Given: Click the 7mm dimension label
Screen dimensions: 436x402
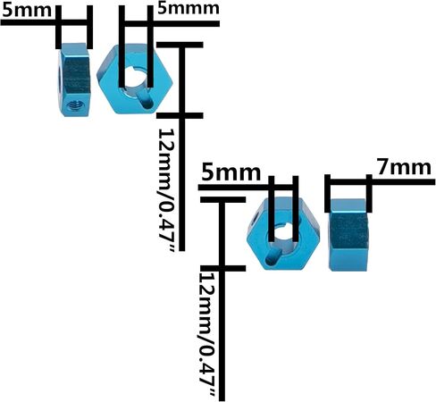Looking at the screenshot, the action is tap(404, 168).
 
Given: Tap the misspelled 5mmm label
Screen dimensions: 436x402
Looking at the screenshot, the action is tap(189, 8).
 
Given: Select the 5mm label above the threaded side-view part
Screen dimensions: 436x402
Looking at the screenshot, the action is tap(27, 10).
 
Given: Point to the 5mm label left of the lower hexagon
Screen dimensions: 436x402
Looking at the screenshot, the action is tap(231, 172).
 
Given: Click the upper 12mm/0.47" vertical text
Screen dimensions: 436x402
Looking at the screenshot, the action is tap(167, 190).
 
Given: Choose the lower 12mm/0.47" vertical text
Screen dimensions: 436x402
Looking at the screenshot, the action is tap(207, 335).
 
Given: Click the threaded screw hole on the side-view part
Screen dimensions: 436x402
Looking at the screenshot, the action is tap(75, 105).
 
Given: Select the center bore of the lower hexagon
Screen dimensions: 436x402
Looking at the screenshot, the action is tap(283, 239).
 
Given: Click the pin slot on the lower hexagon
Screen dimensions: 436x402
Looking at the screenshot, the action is tap(272, 257).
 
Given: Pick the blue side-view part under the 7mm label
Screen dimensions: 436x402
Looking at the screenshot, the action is tap(348, 235).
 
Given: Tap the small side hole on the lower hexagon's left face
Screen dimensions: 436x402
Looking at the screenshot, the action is tap(255, 218).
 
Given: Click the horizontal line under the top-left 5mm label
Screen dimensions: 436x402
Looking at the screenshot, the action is tap(45, 22).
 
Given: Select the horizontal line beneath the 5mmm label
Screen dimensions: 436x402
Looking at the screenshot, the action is tap(172, 23).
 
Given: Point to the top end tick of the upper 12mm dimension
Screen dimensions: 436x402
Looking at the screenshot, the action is tap(180, 45).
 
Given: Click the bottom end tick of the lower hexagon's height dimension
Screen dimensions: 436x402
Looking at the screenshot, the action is tap(223, 268).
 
